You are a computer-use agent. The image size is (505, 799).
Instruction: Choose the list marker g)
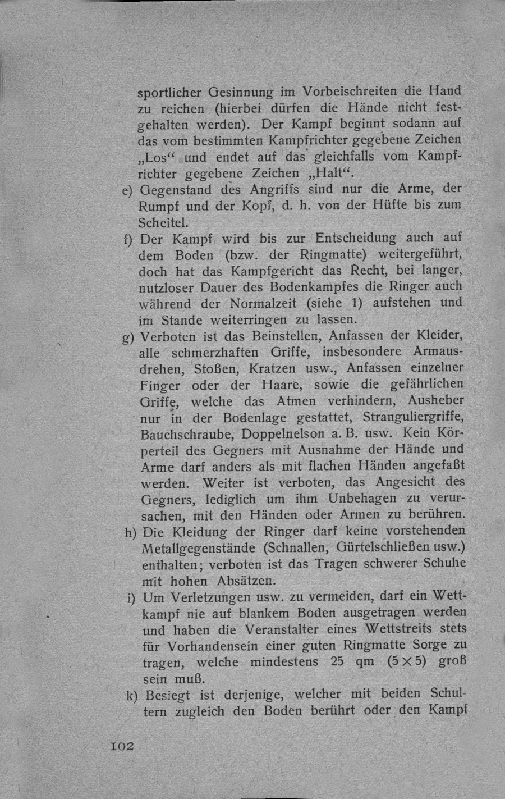click(x=128, y=337)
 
